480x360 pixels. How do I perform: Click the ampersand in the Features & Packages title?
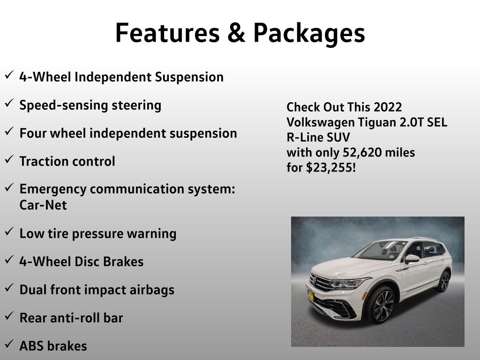(x=236, y=33)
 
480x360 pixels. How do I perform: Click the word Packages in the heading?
(x=309, y=34)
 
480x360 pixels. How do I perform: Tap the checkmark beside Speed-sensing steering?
(x=9, y=103)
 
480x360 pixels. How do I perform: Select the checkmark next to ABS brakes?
(x=9, y=344)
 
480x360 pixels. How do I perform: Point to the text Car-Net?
(x=43, y=205)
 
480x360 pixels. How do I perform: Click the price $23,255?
(x=331, y=168)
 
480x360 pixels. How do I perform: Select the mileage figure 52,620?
(x=363, y=152)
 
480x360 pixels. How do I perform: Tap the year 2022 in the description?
(x=388, y=107)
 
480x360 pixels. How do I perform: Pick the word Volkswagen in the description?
(x=321, y=122)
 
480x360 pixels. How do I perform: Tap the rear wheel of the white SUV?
(x=444, y=281)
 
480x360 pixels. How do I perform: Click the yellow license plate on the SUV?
(x=311, y=296)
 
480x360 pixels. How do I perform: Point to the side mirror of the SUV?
(x=412, y=259)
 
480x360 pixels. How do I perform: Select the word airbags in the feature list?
(x=152, y=290)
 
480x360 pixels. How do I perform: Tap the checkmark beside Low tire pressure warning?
(x=9, y=231)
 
